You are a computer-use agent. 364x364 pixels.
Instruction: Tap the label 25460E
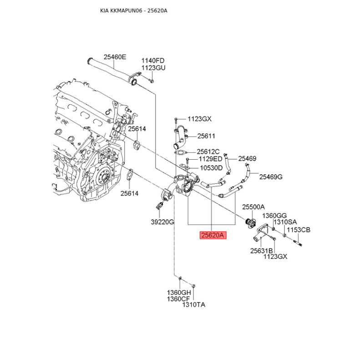[x=115, y=57]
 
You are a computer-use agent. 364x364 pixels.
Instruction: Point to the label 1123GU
[x=153, y=68]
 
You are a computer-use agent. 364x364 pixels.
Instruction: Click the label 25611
[x=206, y=136]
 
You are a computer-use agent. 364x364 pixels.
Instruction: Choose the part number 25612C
[x=208, y=152]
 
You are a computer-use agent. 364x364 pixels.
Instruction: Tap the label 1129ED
[x=211, y=159]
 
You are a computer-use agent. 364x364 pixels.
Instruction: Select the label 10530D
[x=211, y=167]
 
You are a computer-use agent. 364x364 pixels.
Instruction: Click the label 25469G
[x=271, y=177]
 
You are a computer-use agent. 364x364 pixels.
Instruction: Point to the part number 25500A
[x=253, y=207]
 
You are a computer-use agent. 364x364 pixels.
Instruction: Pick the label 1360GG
[x=275, y=215]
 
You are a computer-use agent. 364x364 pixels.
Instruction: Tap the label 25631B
[x=261, y=250]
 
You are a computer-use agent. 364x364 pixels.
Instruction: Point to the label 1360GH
[x=179, y=292]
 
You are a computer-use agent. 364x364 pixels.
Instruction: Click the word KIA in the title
[x=105, y=10]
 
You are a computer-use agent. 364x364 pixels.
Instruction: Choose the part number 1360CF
[x=179, y=298]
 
